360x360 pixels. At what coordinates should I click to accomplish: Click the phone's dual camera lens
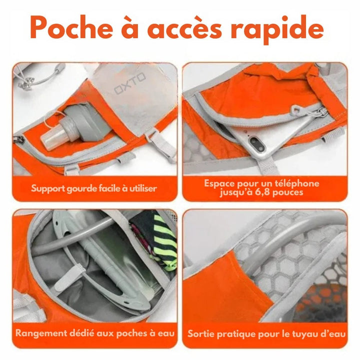point(257,144)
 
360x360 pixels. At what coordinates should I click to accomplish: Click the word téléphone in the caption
point(296,183)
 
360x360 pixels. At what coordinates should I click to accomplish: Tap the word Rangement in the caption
point(41,333)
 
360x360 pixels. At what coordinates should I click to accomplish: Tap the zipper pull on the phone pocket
point(296,109)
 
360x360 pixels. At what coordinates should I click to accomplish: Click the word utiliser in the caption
point(143,188)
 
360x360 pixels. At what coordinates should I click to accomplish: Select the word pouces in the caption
point(287,192)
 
